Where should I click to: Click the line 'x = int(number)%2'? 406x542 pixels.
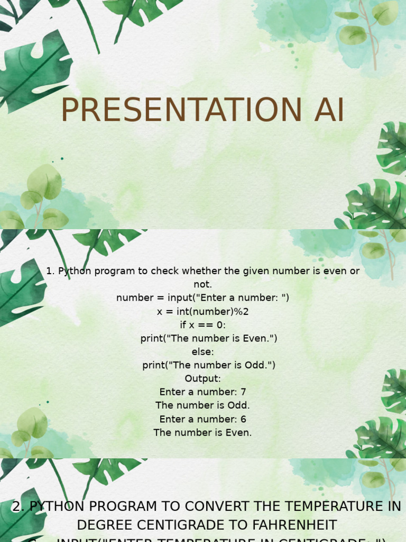[202, 311]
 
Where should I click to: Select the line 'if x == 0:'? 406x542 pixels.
[202, 325]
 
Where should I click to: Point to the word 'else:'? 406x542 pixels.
[202, 351]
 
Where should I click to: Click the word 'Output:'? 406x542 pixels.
[202, 378]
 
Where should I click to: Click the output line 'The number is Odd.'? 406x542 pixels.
[202, 405]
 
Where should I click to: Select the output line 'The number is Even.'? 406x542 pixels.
[202, 432]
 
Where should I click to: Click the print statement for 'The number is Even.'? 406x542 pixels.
[209, 338]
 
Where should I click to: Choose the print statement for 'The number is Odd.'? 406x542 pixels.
[209, 365]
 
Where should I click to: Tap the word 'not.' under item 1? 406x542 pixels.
[202, 284]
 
